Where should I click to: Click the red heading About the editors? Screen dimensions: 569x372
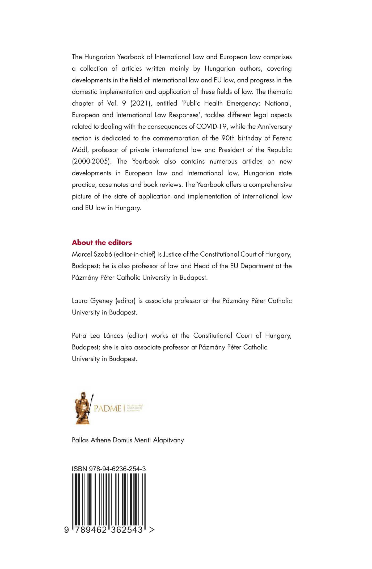pyautogui.click(x=102, y=243)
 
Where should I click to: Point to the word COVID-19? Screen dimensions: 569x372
pyautogui.click(x=211, y=127)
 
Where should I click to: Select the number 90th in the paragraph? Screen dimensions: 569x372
pyautogui.click(x=228, y=138)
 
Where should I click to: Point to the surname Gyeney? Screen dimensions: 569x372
pyautogui.click(x=102, y=301)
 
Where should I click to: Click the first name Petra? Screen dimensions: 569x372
pyautogui.click(x=79, y=336)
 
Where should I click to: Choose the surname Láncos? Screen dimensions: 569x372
pyautogui.click(x=113, y=336)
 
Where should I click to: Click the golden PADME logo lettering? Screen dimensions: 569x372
pyautogui.click(x=107, y=408)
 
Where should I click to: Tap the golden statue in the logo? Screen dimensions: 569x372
pyautogui.click(x=83, y=408)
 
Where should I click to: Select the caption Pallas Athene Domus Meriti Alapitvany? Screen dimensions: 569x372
pyautogui.click(x=128, y=440)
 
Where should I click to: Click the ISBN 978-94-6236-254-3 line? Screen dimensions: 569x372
pyautogui.click(x=109, y=469)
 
